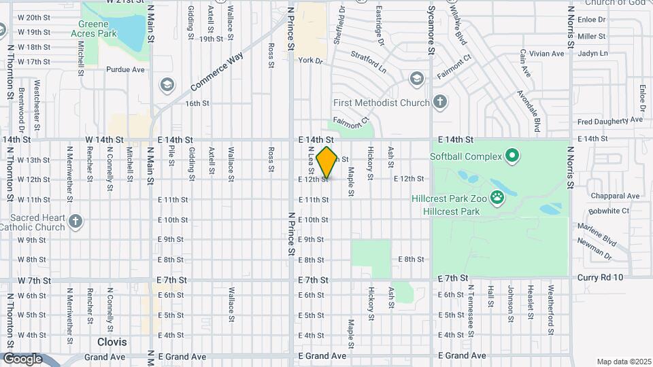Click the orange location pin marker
pyautogui.click(x=327, y=162)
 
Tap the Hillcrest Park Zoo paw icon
pyautogui.click(x=498, y=198)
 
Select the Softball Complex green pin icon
pyautogui.click(x=513, y=157)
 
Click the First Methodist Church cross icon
pyautogui.click(x=439, y=103)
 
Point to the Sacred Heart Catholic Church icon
pyautogui.click(x=75, y=220)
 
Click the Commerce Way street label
pyautogui.click(x=217, y=73)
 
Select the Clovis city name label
pyautogui.click(x=113, y=342)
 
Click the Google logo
pyautogui.click(x=22, y=358)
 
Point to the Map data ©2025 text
pyautogui.click(x=622, y=362)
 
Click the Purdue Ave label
pyautogui.click(x=125, y=69)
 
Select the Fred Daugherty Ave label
pyautogui.click(x=608, y=122)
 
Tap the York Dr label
pyautogui.click(x=309, y=60)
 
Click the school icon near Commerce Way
pyautogui.click(x=166, y=85)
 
